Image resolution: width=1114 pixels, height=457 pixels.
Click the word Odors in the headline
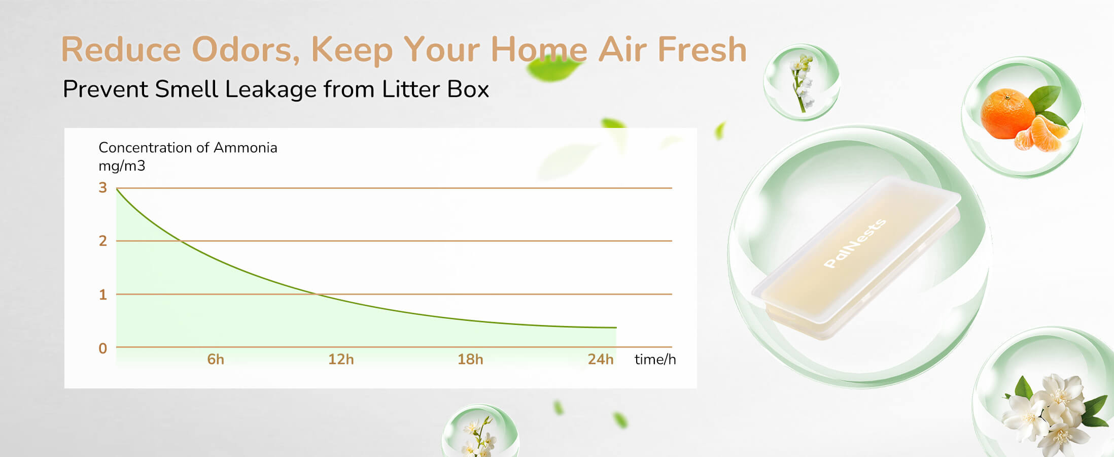click(x=246, y=50)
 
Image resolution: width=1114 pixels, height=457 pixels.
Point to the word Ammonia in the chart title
click(x=246, y=148)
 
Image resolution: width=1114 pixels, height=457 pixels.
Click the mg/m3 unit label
click(x=122, y=166)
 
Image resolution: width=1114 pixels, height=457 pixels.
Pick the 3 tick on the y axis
click(x=103, y=188)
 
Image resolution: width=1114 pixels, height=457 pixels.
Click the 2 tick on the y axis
click(x=103, y=241)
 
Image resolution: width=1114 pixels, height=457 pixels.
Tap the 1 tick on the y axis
click(x=103, y=295)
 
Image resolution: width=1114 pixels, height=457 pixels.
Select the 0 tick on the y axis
click(x=103, y=348)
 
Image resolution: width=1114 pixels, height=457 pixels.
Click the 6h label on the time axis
click(x=216, y=360)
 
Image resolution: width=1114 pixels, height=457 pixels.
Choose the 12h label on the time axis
click(x=341, y=360)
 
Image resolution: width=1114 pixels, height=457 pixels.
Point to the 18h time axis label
click(x=470, y=360)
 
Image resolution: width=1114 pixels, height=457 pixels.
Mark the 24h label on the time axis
click(x=601, y=360)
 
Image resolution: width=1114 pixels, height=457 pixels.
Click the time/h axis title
click(x=655, y=360)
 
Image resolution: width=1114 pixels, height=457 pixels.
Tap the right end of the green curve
click(x=616, y=328)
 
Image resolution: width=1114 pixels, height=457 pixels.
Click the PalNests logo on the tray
click(x=855, y=243)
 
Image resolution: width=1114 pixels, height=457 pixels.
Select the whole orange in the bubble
click(x=1007, y=113)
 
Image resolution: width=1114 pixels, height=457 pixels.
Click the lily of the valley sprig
click(x=802, y=82)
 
